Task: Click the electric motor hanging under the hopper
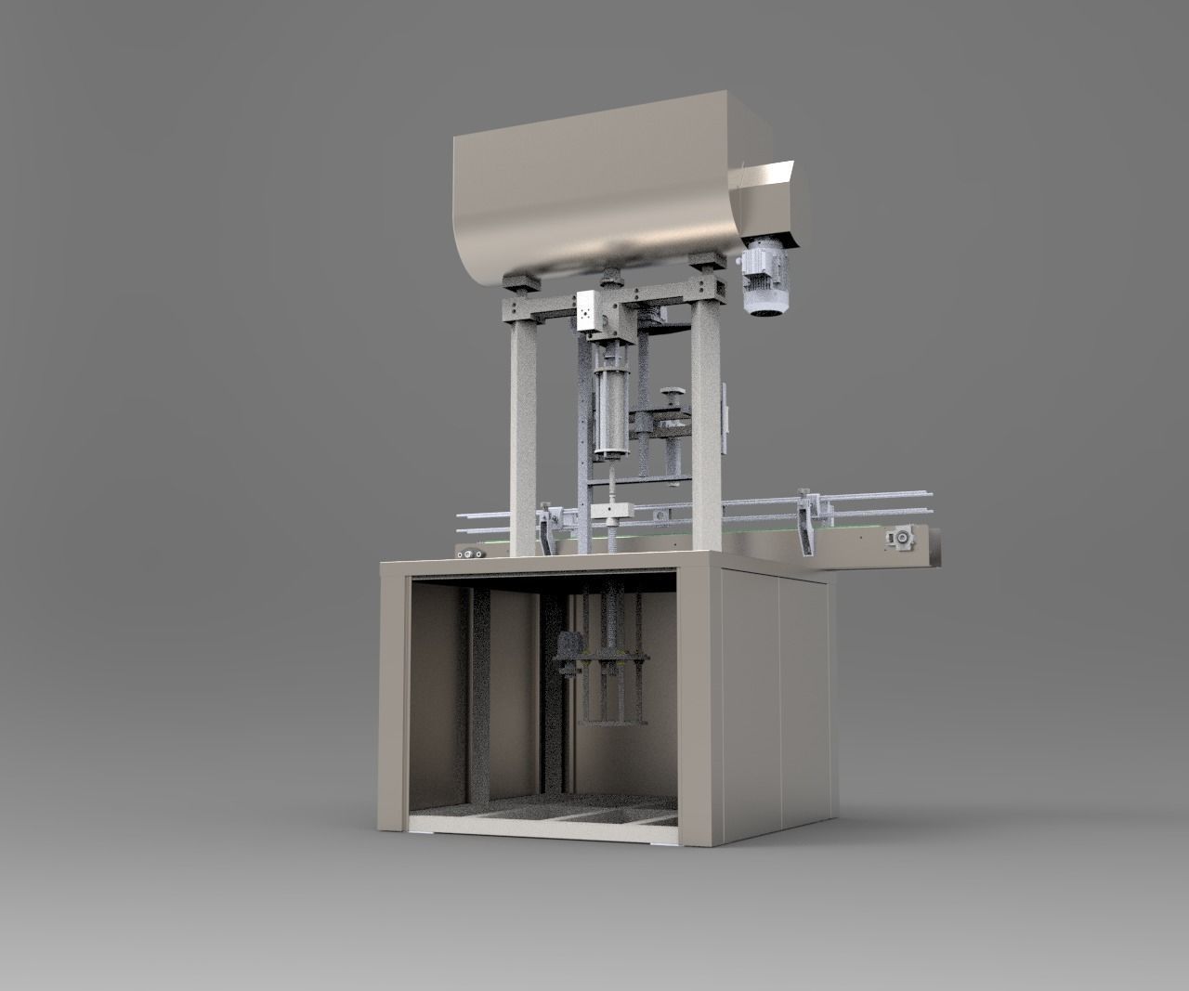click(764, 282)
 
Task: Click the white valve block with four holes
click(587, 309)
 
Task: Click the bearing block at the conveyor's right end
click(900, 538)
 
